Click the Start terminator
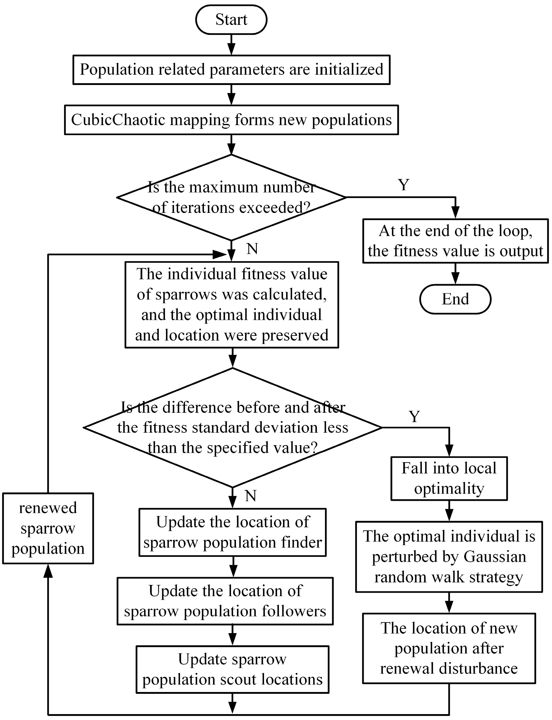(231, 20)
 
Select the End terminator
(455, 299)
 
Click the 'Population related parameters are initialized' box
(231, 70)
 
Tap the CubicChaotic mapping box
(231, 120)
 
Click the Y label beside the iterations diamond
(403, 185)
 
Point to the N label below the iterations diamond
(252, 249)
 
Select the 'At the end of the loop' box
(455, 241)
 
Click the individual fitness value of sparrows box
(232, 304)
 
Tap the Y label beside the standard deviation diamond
(414, 416)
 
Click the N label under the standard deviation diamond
(251, 496)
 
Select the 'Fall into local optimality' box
(449, 478)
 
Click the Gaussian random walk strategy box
(449, 557)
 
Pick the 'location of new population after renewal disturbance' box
(449, 648)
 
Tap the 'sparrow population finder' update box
(232, 532)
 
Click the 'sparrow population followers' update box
(225, 601)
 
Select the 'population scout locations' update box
(232, 669)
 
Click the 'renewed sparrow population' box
(48, 528)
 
